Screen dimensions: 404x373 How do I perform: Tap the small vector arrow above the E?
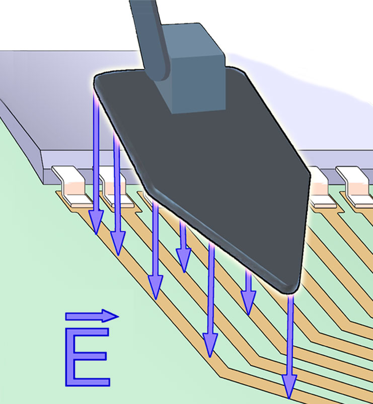pos(92,316)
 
